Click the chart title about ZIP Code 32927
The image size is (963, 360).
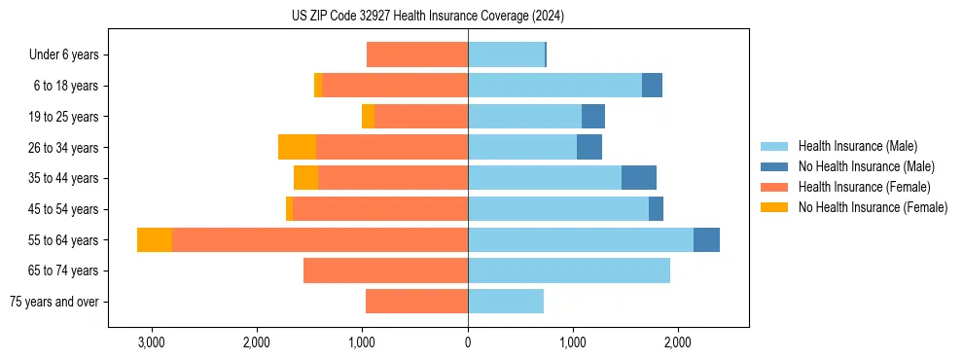coord(428,16)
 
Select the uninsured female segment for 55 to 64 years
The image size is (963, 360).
coord(155,240)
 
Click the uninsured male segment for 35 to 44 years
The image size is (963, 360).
coord(639,178)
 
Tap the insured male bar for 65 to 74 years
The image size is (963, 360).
coord(569,270)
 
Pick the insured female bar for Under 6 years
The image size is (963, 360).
coord(417,55)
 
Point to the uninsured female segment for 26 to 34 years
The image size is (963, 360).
coord(297,148)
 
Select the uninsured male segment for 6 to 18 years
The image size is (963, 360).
coord(652,86)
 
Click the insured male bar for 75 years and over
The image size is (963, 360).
coord(506,302)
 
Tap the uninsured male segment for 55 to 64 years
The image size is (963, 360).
coord(706,240)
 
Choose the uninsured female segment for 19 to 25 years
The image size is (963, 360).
coord(368,117)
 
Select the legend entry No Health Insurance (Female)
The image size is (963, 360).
coord(873,207)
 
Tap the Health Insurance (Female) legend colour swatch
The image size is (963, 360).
coord(774,187)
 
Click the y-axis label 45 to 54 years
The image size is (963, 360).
coord(64,209)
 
